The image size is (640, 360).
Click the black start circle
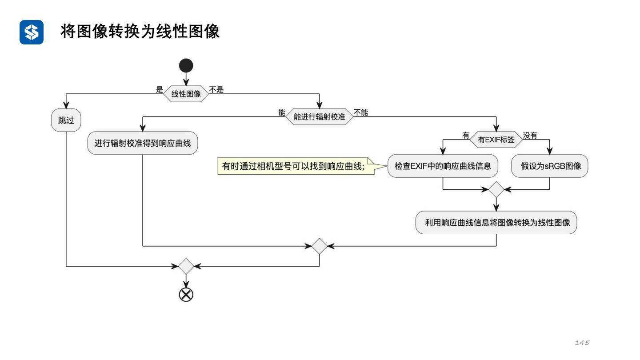point(186,66)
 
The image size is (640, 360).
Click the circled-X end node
point(186,294)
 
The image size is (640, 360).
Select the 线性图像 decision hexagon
point(186,94)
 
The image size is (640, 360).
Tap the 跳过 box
point(66,120)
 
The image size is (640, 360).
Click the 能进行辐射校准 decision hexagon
point(319,117)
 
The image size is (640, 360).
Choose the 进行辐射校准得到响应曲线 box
point(143,143)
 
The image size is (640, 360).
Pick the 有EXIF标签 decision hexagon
point(496,140)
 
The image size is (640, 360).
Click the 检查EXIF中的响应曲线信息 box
point(443,166)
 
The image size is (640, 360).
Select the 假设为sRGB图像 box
point(550,166)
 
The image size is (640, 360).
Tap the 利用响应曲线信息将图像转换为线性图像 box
point(496,223)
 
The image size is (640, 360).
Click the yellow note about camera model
point(294,166)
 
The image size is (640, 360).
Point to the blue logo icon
point(32,32)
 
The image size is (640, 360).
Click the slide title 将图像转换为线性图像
point(140,32)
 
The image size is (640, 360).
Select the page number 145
point(582,343)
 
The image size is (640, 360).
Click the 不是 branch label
point(216,90)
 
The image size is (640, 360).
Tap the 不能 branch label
point(361,113)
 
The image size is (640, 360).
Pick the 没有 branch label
point(530,136)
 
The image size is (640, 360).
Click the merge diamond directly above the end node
point(186,267)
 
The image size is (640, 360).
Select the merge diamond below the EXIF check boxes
point(496,189)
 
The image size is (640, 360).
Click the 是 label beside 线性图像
point(160,90)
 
